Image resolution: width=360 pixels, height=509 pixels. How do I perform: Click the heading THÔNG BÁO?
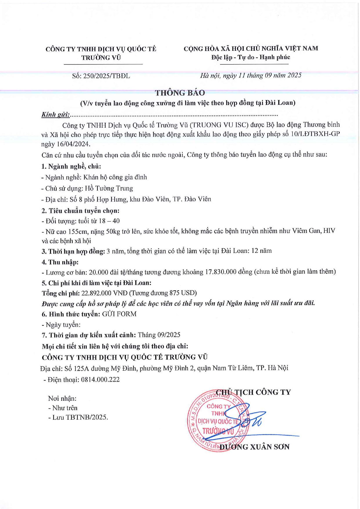click(x=180, y=93)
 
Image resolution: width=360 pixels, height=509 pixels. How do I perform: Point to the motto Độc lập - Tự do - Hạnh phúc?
click(x=251, y=57)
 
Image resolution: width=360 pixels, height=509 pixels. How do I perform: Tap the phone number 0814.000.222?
click(x=100, y=380)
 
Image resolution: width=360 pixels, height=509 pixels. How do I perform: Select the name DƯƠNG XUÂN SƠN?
click(x=254, y=447)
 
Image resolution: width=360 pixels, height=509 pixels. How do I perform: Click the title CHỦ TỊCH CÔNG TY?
click(x=254, y=392)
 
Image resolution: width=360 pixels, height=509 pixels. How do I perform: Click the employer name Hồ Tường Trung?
click(x=109, y=189)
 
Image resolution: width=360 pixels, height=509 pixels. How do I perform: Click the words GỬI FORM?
click(x=119, y=314)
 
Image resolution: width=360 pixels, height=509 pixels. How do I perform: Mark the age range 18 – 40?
click(x=109, y=221)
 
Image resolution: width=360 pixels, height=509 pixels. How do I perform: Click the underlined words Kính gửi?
click(x=55, y=115)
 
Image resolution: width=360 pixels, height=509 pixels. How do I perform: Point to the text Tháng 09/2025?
click(x=159, y=335)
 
